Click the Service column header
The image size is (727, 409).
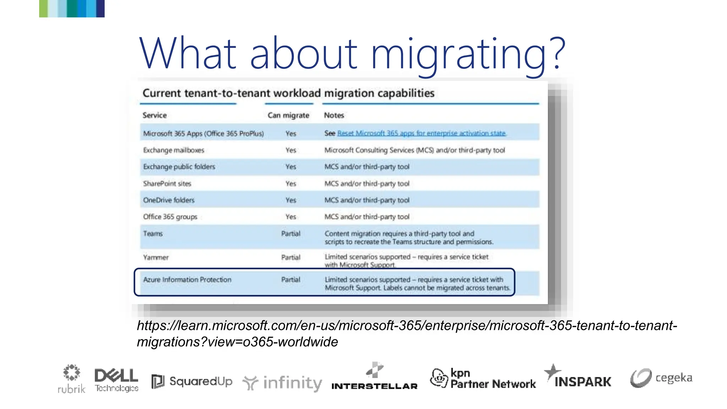154,115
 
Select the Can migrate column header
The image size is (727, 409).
288,115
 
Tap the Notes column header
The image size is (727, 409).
334,115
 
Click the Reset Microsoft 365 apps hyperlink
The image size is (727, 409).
421,133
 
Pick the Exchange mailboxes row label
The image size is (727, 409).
174,150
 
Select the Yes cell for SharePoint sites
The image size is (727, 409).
291,184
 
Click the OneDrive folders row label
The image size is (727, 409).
169,200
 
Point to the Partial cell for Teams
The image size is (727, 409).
291,234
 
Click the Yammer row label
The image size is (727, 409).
156,257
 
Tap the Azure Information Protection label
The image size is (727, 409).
187,280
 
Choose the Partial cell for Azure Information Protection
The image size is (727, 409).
291,280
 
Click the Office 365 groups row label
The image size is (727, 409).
170,217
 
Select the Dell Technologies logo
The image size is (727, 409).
116,380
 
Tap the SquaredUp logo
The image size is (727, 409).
192,381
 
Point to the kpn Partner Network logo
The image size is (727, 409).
483,378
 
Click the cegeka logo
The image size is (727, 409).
661,378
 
